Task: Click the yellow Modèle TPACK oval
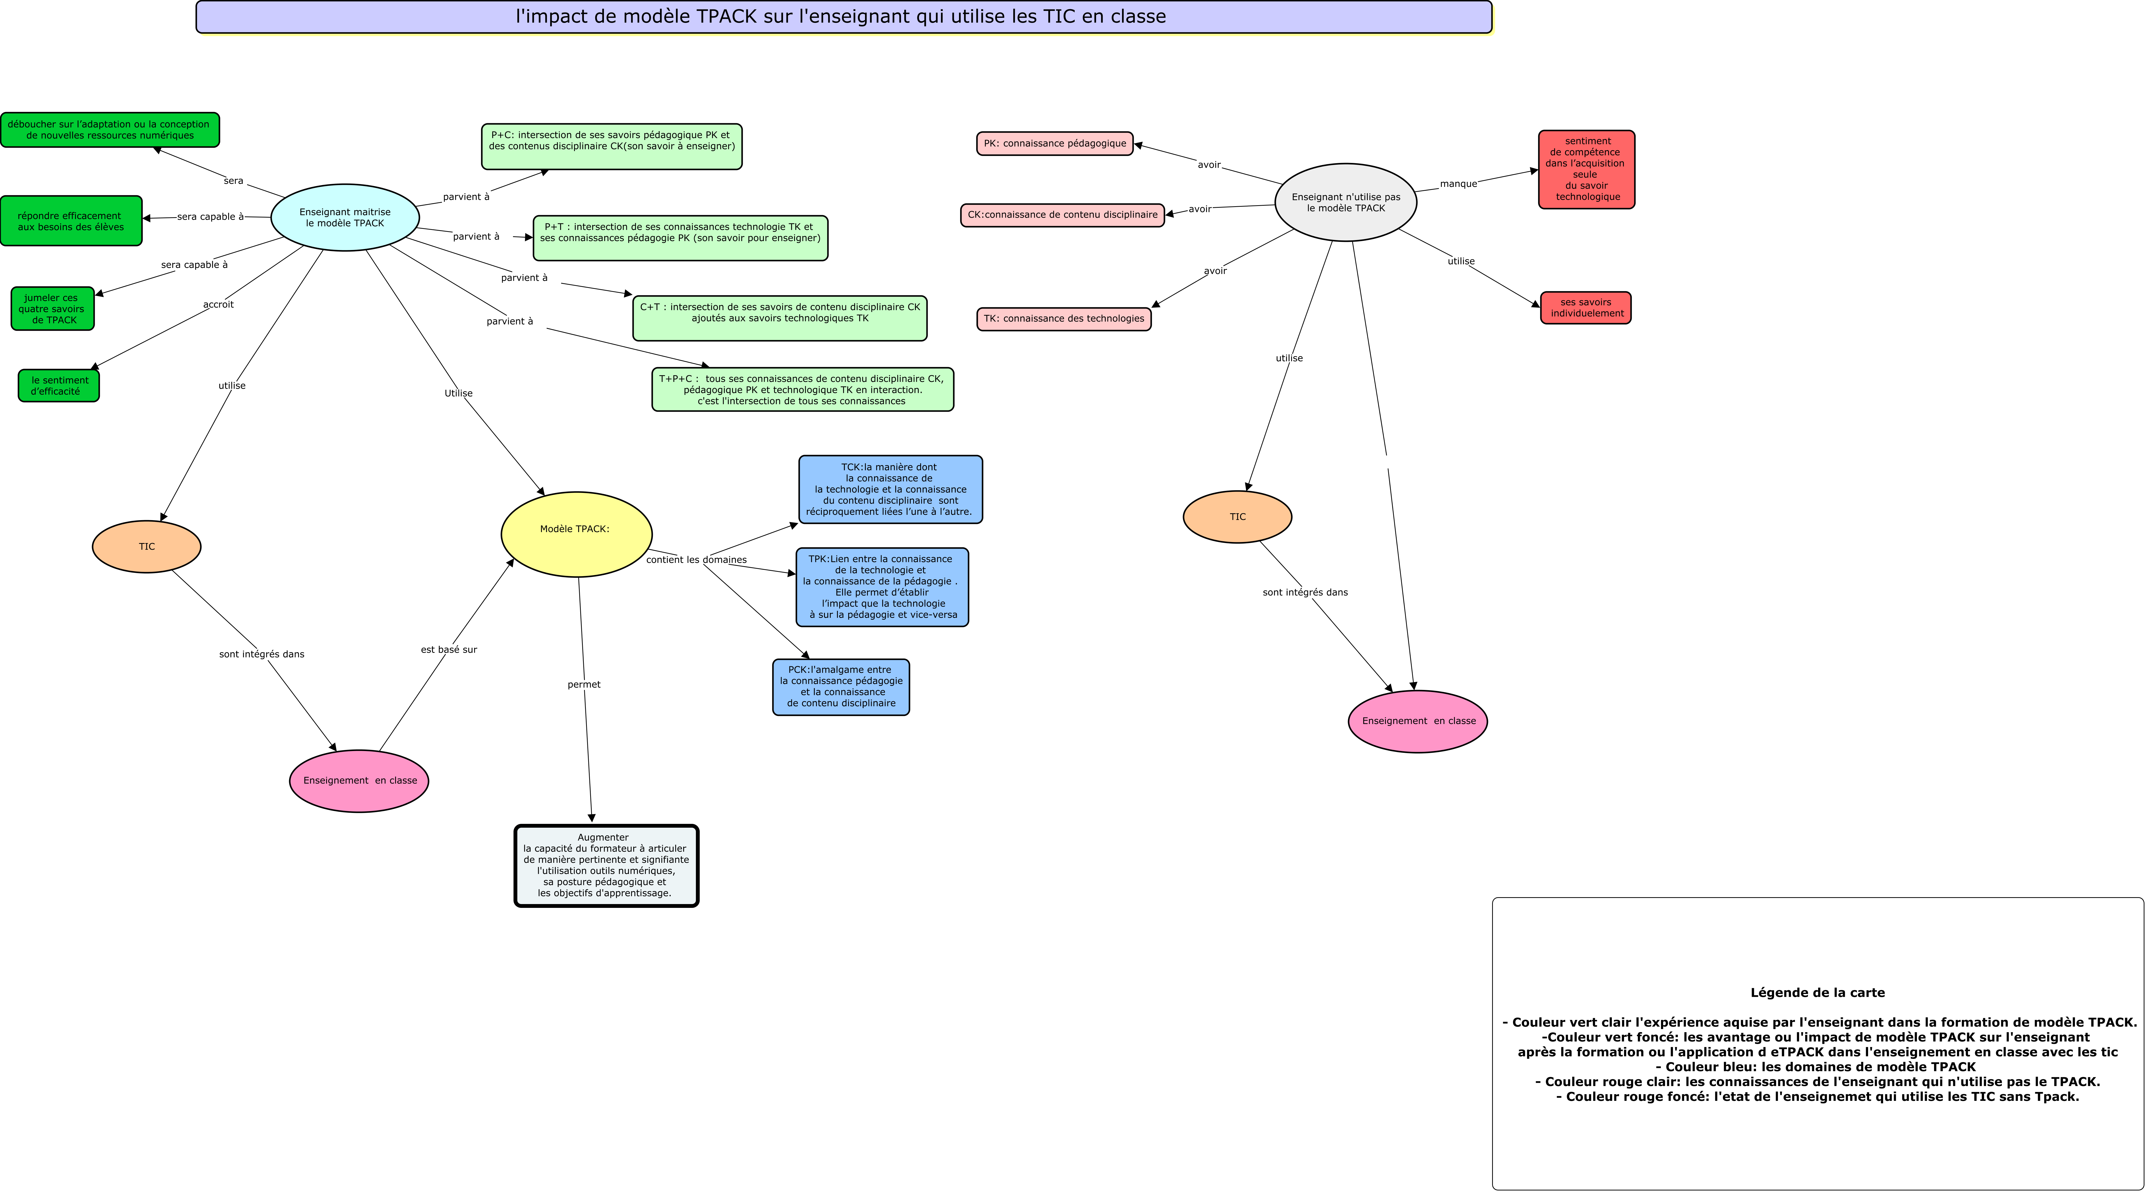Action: tap(576, 534)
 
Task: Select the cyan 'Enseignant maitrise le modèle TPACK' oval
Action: tap(345, 217)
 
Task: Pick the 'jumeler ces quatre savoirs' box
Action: tap(52, 308)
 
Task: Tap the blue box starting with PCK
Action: tap(841, 687)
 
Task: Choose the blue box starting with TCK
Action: tap(890, 490)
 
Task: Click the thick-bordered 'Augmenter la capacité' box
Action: tap(606, 865)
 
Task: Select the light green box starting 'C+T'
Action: tap(779, 318)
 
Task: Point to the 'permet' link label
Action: tap(583, 685)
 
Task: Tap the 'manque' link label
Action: tap(1458, 184)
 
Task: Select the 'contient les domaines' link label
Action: tap(696, 560)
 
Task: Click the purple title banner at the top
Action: tap(843, 17)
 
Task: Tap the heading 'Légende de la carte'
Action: tap(1817, 993)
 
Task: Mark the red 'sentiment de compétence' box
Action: tap(1586, 169)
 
